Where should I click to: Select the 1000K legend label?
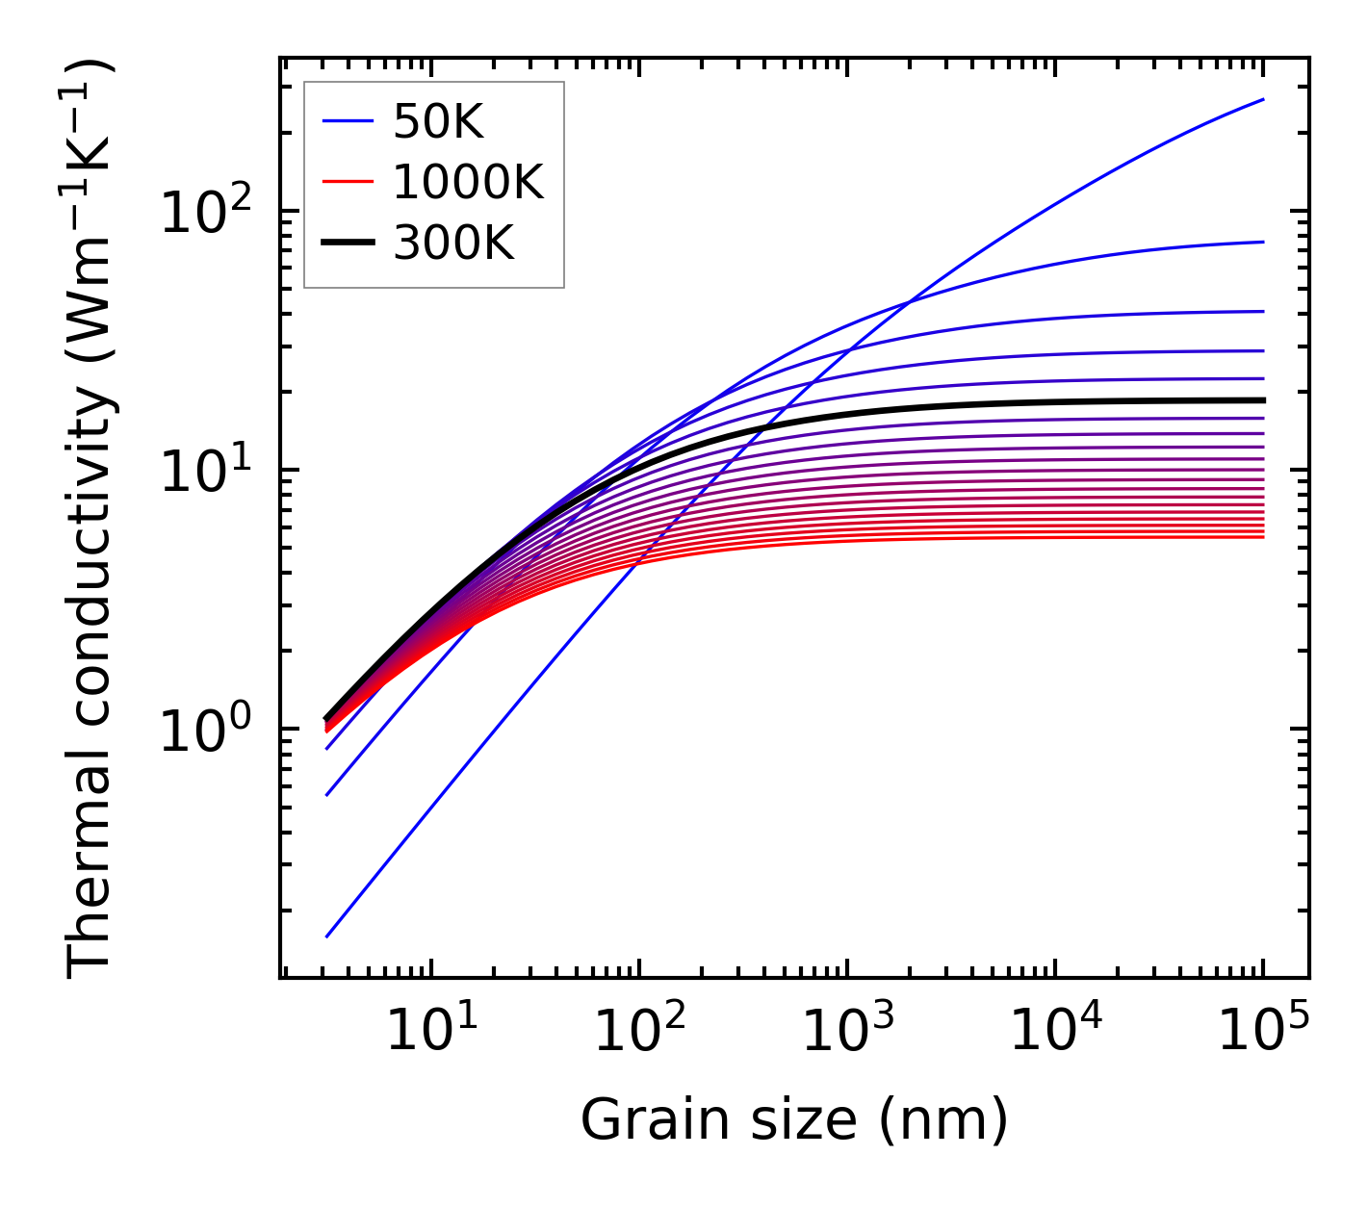[468, 182]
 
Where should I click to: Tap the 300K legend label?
[453, 244]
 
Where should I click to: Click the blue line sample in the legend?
[347, 121]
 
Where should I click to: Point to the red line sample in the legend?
[347, 182]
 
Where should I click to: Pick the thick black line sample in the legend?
[347, 244]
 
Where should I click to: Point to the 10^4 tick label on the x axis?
[1054, 1032]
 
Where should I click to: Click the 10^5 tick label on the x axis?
[1262, 1032]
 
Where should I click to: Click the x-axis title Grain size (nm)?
[794, 1120]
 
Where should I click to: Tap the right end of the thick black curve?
[1263, 400]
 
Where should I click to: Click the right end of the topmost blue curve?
[1263, 99]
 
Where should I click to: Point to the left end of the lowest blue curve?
[327, 937]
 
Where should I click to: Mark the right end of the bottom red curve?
[1263, 536]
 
